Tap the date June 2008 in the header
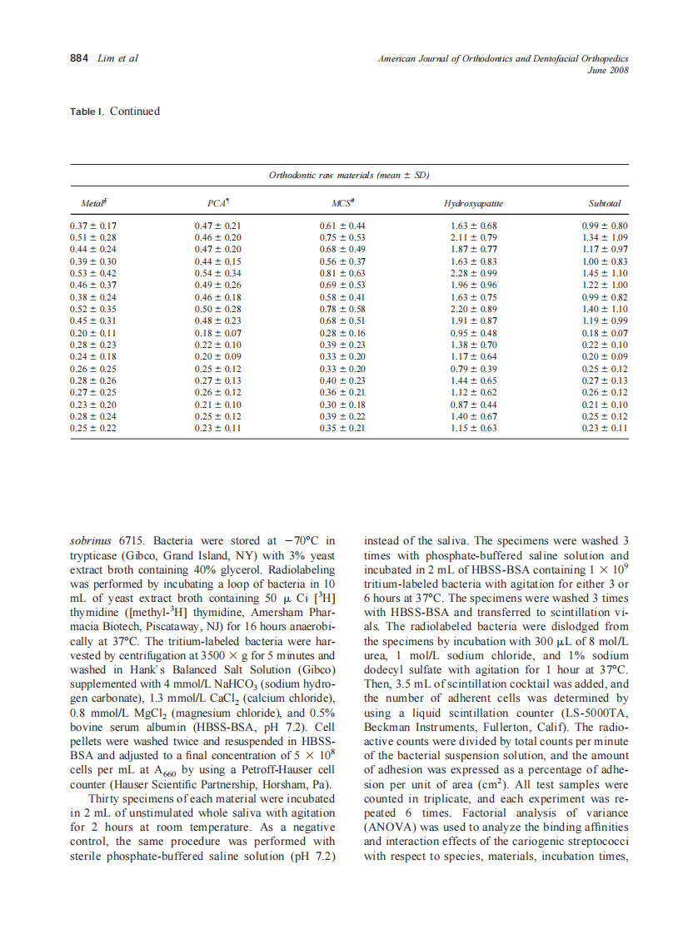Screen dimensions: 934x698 pos(607,70)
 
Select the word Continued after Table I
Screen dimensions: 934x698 pos(134,112)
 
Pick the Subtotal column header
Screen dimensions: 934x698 pos(604,203)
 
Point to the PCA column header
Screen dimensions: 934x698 pos(217,203)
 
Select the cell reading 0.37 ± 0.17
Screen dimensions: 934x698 pos(93,226)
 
